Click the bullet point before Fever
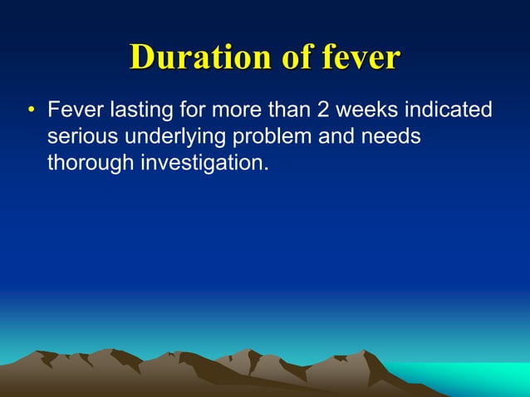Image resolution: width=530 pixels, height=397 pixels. click(x=31, y=111)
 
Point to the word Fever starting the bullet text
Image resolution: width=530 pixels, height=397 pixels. click(x=74, y=110)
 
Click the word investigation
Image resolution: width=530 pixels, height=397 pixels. click(x=202, y=162)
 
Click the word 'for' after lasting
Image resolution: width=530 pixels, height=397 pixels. click(x=186, y=110)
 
